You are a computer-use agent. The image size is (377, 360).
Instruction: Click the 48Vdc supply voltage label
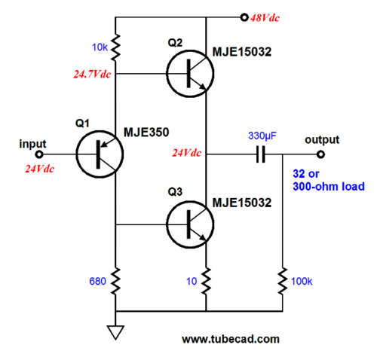tap(265, 18)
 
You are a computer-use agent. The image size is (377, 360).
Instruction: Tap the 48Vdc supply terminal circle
tap(244, 17)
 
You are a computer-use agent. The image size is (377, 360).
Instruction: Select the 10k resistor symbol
tap(115, 47)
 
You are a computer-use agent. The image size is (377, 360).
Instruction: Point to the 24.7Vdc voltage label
tap(92, 75)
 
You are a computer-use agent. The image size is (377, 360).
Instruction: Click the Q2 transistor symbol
tap(190, 74)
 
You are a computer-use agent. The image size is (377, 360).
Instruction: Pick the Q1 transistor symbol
tap(100, 154)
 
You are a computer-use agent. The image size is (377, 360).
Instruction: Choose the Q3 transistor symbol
tap(190, 224)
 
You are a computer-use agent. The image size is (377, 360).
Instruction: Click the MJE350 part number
tap(146, 133)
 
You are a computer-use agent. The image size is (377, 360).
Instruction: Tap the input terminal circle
tap(39, 154)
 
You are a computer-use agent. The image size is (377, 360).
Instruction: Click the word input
tap(32, 144)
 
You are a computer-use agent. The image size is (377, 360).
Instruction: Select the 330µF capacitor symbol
tap(261, 154)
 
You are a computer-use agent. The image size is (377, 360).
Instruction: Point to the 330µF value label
tap(262, 136)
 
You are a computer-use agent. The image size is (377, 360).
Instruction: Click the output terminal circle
tap(320, 154)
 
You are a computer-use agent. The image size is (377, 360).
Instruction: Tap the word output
tap(322, 140)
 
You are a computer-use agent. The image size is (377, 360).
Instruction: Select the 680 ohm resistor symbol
tap(115, 281)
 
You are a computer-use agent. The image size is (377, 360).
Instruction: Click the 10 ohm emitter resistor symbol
tap(206, 281)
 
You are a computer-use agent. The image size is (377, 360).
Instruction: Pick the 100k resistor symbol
tap(283, 281)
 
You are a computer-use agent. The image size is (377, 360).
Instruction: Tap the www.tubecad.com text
tap(231, 340)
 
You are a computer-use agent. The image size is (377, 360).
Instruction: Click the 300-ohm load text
tap(329, 187)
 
